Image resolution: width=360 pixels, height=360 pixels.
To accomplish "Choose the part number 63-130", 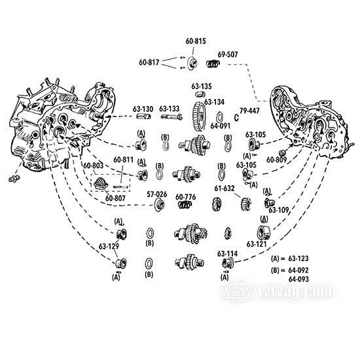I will [x=143, y=109].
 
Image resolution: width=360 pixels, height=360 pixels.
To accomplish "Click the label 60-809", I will [x=278, y=159].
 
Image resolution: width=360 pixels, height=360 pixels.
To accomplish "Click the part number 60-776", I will [x=186, y=197].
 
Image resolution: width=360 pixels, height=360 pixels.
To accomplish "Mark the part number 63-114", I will [x=228, y=253].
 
